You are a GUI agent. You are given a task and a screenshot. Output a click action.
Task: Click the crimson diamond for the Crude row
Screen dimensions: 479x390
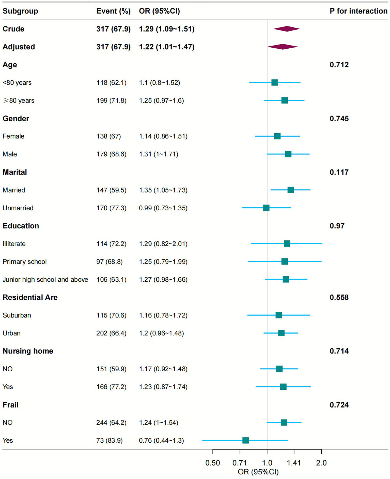click(x=287, y=29)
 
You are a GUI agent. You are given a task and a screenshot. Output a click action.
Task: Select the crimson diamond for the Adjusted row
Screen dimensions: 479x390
click(x=283, y=47)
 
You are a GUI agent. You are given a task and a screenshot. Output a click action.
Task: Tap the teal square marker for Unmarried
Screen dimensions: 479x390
click(x=266, y=208)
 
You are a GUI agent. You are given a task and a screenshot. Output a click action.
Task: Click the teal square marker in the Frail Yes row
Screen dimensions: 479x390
click(x=245, y=440)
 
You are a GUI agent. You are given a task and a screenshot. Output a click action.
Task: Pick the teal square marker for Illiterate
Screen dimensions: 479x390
click(x=287, y=244)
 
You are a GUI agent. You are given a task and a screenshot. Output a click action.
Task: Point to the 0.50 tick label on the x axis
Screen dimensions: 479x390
click(x=213, y=463)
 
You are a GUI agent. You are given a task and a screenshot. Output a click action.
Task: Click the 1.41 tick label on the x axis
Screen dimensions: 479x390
click(x=294, y=463)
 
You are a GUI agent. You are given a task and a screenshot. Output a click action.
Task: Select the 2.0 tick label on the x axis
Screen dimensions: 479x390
click(x=321, y=463)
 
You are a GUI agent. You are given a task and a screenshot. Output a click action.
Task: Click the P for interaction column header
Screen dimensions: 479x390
click(x=358, y=11)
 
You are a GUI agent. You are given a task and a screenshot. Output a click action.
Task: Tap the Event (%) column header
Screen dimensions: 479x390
click(x=113, y=11)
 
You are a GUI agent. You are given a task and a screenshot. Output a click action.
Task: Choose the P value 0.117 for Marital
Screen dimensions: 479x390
click(x=339, y=172)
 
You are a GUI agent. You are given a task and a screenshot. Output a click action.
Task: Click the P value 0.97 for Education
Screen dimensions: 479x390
click(x=337, y=226)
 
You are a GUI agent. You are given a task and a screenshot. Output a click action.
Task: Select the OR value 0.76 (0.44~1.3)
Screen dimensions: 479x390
click(x=161, y=440)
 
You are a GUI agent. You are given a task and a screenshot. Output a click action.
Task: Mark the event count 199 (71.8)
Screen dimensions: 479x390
click(x=111, y=100)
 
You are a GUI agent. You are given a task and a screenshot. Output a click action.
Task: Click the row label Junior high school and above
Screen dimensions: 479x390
click(x=45, y=280)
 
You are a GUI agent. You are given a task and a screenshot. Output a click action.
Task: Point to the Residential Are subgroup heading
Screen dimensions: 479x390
click(x=30, y=297)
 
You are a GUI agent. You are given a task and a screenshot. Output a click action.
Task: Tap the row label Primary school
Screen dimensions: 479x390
click(x=25, y=262)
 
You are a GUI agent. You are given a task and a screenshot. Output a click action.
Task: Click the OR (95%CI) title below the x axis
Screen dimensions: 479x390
click(x=258, y=472)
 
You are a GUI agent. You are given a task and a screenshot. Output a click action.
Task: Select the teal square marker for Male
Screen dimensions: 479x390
click(x=288, y=154)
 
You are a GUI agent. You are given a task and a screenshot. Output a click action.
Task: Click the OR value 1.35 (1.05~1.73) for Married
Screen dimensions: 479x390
click(x=163, y=190)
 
